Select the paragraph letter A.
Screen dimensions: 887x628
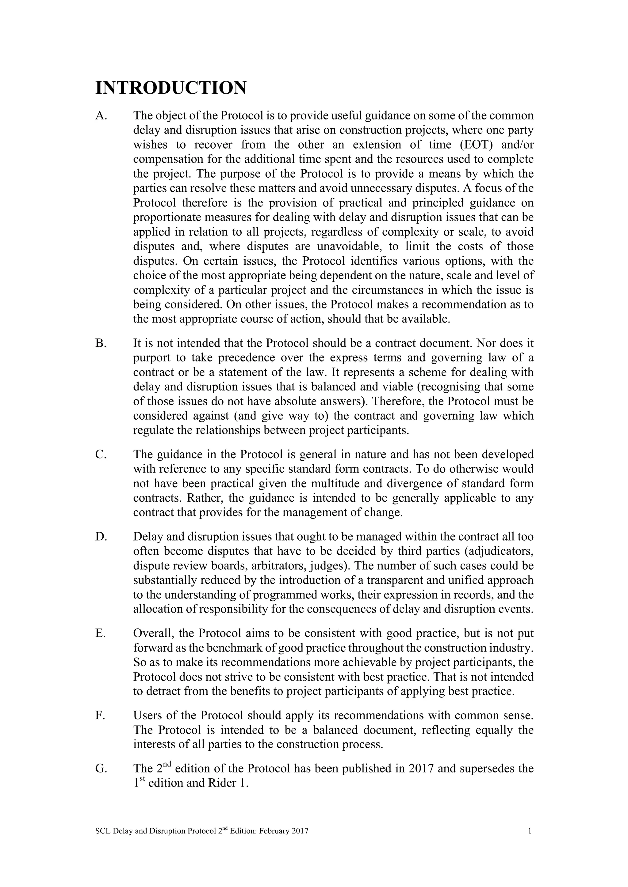100,116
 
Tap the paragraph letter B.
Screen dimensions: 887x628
100,343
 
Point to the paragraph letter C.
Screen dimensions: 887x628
100,454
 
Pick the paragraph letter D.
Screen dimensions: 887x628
100,537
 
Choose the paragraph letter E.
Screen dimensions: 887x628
100,634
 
